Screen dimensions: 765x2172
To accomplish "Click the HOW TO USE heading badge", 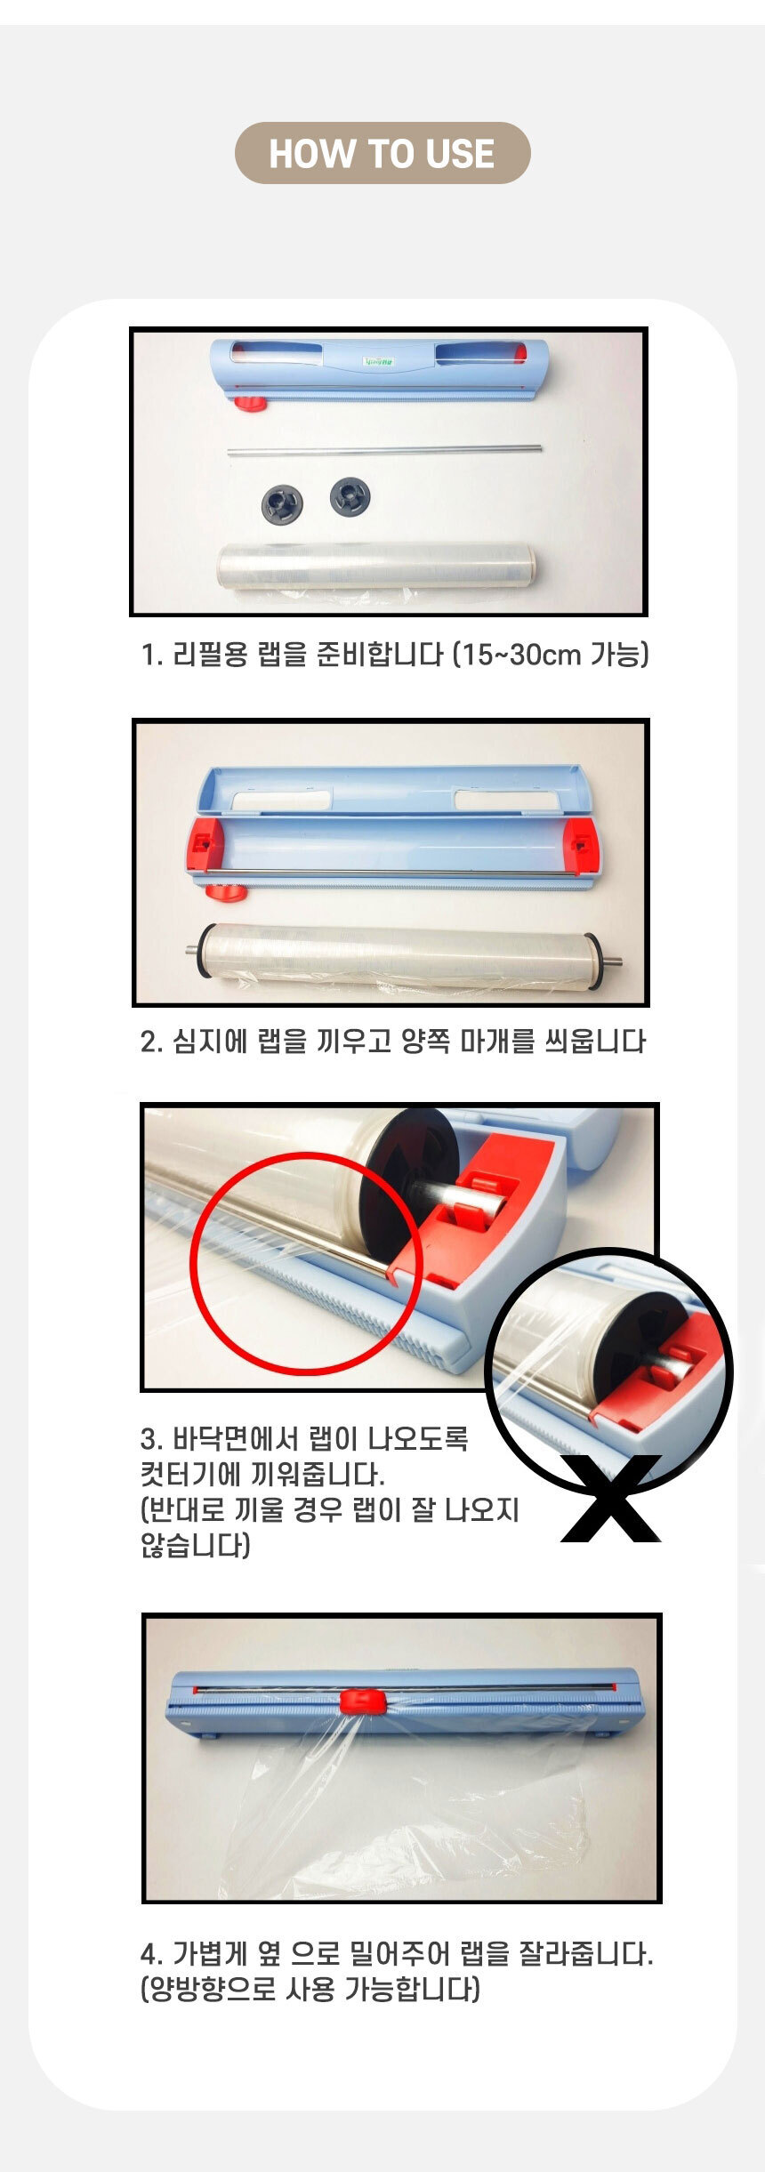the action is pos(382,153).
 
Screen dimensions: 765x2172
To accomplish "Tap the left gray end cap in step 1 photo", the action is pos(282,503).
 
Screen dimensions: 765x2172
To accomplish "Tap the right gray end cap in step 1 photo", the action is pos(350,496).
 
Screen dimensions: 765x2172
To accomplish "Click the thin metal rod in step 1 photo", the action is pos(384,451).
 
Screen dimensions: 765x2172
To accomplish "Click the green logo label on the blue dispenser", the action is pos(377,362).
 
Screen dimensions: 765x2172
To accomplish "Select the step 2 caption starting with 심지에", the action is pos(393,1041).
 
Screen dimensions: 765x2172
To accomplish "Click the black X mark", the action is pos(612,1498).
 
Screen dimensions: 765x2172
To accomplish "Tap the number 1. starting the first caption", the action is pos(151,656).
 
